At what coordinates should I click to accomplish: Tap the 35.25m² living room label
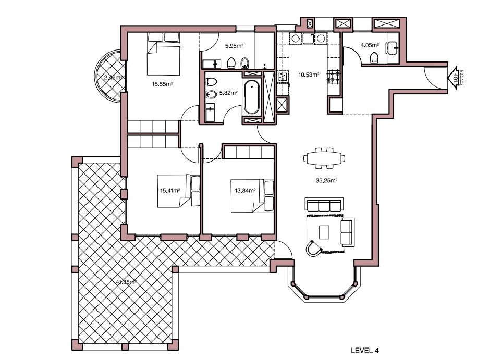[327, 181]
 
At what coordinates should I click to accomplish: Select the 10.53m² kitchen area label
[308, 75]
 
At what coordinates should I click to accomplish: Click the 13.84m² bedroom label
[244, 191]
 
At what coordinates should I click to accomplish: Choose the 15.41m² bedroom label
[169, 191]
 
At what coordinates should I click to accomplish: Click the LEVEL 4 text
[364, 351]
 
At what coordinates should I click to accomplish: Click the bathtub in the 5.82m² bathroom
[251, 97]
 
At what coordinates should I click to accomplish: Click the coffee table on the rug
[325, 231]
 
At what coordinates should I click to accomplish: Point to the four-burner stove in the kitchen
[333, 77]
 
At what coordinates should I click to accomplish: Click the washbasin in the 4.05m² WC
[392, 47]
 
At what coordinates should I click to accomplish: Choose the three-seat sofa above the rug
[323, 205]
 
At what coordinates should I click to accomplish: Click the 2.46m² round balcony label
[112, 78]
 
